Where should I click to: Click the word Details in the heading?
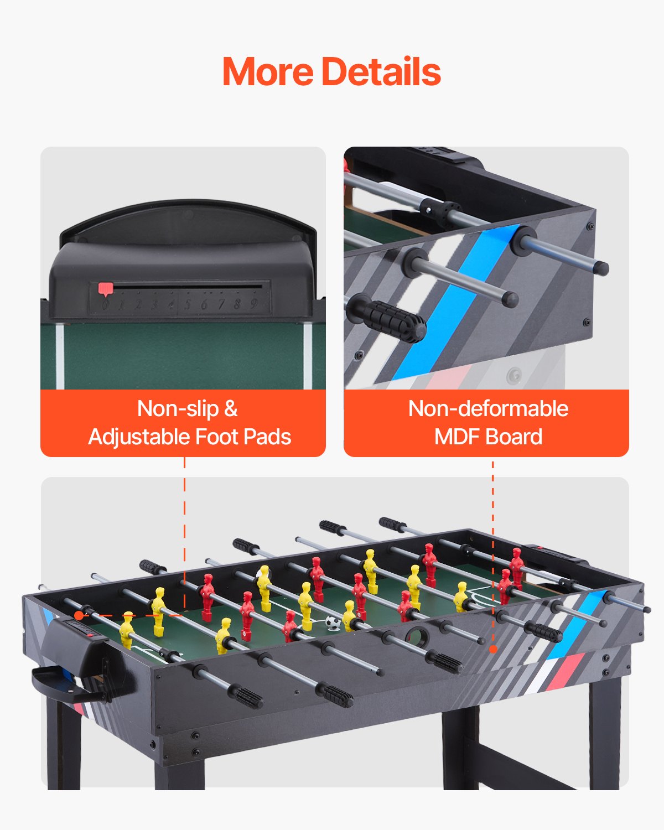coord(381,72)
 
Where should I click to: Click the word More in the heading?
coord(268,72)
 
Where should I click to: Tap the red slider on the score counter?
coord(105,288)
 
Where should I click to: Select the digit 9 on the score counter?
coord(253,304)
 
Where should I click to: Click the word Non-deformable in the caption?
coord(488,409)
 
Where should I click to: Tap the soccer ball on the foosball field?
coord(333,623)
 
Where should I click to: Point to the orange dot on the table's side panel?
coord(493,649)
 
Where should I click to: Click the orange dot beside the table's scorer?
coord(79,615)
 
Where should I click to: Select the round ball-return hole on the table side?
coord(418,637)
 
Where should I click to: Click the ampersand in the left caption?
coord(230,409)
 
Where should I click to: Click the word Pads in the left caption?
coord(267,437)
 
